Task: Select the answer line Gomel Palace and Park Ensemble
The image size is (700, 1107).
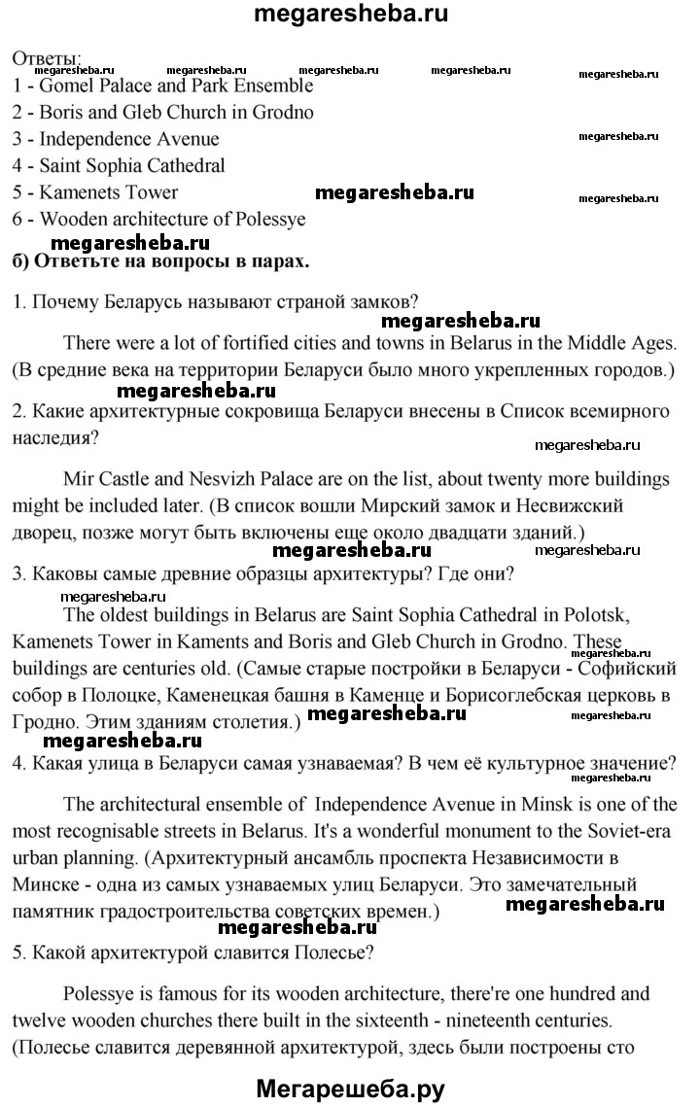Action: pos(163,85)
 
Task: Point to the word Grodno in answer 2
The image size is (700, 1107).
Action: pos(281,112)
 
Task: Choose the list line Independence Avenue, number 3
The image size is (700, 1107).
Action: pos(117,139)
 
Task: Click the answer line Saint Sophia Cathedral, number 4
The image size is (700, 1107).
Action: pos(120,165)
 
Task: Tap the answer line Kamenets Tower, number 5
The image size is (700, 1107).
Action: pos(96,192)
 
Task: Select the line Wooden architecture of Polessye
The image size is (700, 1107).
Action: pos(159,219)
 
